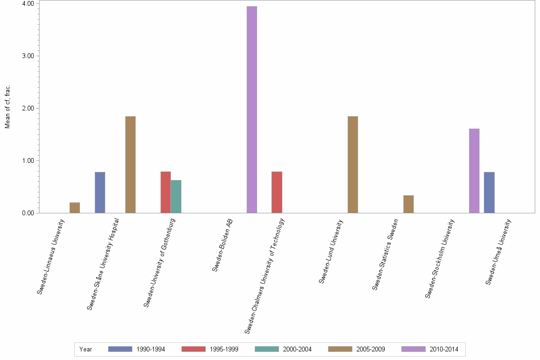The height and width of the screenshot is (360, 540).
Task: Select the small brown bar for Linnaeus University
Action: [75, 208]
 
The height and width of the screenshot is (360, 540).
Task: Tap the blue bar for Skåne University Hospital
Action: [100, 192]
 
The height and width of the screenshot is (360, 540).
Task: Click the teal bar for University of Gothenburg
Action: [176, 196]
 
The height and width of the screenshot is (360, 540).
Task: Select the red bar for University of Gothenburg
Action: [165, 192]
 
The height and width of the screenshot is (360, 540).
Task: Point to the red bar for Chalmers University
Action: [277, 192]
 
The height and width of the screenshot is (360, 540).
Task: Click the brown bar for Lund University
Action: [352, 164]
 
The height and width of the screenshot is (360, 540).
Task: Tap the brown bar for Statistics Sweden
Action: [408, 204]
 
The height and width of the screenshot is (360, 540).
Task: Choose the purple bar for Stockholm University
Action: [474, 170]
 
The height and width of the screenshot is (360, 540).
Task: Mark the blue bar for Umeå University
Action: [489, 192]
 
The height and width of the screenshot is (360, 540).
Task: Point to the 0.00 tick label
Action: [27, 213]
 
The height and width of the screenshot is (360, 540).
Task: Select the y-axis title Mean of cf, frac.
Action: [7, 107]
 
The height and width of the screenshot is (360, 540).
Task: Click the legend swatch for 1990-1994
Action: [120, 349]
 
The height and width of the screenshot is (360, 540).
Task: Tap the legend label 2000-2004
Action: [297, 350]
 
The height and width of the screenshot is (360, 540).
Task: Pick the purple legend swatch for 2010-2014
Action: [413, 349]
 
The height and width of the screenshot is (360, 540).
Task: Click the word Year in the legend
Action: [86, 350]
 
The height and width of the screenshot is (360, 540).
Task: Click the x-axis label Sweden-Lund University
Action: [331, 251]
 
